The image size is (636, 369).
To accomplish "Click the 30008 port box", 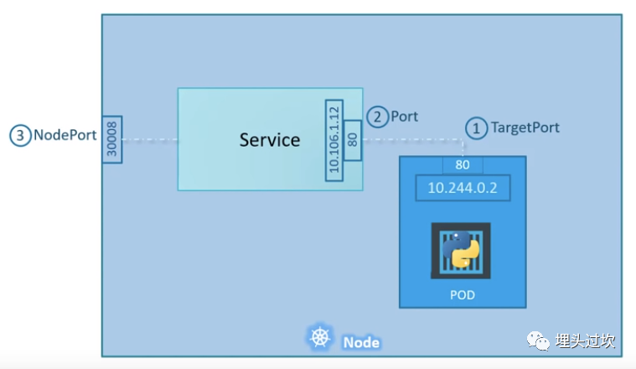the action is point(112,140).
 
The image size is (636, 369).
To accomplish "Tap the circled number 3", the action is point(20,136).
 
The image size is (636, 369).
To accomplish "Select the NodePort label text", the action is point(65,135).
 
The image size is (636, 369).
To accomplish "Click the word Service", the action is point(270,140).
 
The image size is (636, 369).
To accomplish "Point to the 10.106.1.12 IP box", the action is point(334,140).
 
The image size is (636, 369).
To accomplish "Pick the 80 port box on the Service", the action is point(353,140).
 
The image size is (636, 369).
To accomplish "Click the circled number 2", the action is point(377,117).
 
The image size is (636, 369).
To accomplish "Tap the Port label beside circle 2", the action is point(404,117).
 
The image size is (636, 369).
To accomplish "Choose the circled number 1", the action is point(477,128).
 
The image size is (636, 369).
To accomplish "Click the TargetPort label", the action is point(525,127).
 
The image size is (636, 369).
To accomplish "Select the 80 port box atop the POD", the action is point(463,165).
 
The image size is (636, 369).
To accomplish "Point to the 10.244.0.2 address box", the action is point(463,188).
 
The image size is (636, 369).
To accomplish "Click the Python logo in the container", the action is point(461,250).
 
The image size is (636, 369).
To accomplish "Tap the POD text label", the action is point(463,295).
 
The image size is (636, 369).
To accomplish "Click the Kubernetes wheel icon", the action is point(320,338).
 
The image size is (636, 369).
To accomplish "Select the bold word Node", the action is point(361,343).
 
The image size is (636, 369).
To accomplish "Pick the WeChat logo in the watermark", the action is point(538,340).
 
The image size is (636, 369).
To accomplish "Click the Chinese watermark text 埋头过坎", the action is point(585,341).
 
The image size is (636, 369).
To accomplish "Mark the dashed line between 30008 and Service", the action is point(150,140).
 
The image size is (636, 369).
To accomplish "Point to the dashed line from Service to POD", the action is point(412,140).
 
